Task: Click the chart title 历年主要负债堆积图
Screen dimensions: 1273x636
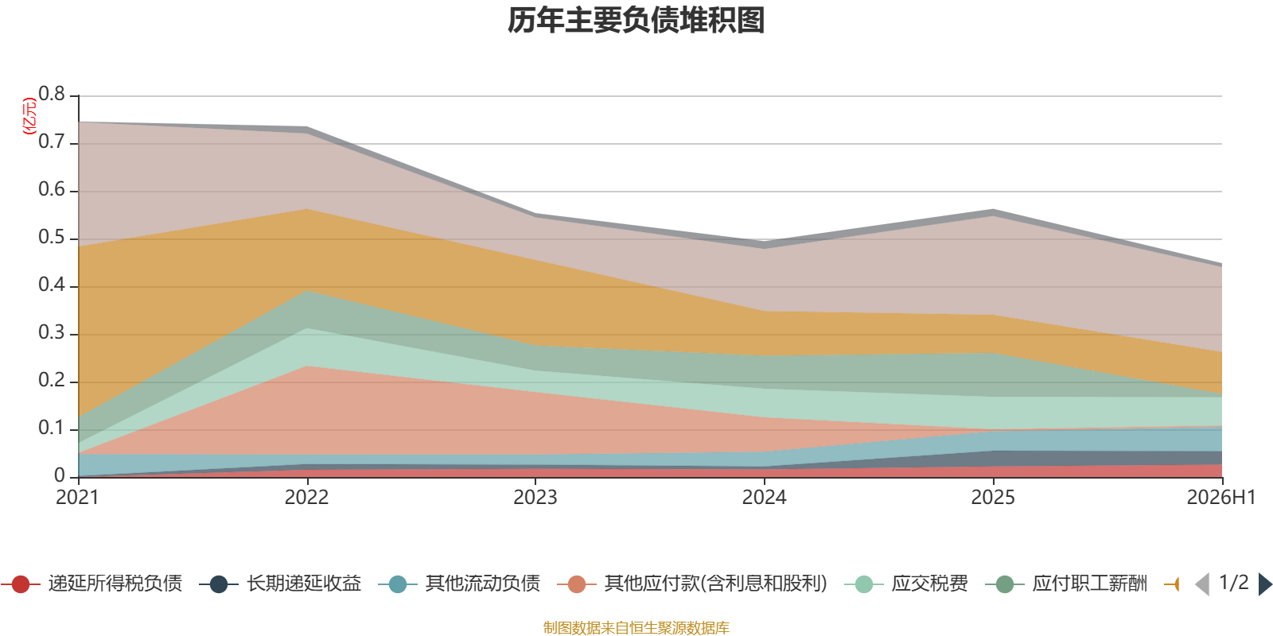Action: pyautogui.click(x=636, y=21)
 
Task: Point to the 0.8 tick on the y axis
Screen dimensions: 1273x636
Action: pyautogui.click(x=52, y=94)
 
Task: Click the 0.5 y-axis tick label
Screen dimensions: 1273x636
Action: pyautogui.click(x=52, y=237)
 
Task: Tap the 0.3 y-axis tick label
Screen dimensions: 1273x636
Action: pyautogui.click(x=52, y=332)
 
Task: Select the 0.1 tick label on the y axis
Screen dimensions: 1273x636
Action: pyautogui.click(x=52, y=428)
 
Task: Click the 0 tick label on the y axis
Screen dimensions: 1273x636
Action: pyautogui.click(x=60, y=475)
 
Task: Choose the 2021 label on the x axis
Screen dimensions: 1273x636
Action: pyautogui.click(x=77, y=498)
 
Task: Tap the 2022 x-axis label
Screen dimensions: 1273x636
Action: pyautogui.click(x=307, y=498)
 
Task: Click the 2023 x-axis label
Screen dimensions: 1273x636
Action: pyautogui.click(x=535, y=498)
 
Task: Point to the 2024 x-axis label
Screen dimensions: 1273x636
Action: pyautogui.click(x=765, y=498)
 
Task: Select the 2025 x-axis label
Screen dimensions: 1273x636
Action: pyautogui.click(x=993, y=498)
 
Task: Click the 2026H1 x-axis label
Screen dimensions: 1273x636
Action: pyautogui.click(x=1221, y=498)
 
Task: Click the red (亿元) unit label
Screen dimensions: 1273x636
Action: pyautogui.click(x=29, y=116)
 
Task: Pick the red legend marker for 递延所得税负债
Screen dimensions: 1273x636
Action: pyautogui.click(x=21, y=584)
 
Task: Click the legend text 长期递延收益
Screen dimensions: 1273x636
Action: pyautogui.click(x=304, y=584)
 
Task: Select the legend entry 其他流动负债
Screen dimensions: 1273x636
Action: pyautogui.click(x=459, y=584)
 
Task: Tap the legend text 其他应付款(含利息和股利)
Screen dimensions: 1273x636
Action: pyautogui.click(x=715, y=584)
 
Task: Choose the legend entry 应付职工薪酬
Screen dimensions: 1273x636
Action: pyautogui.click(x=1067, y=584)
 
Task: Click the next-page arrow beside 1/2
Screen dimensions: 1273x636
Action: pyautogui.click(x=1265, y=584)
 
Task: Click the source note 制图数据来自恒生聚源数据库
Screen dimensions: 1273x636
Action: pyautogui.click(x=636, y=627)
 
